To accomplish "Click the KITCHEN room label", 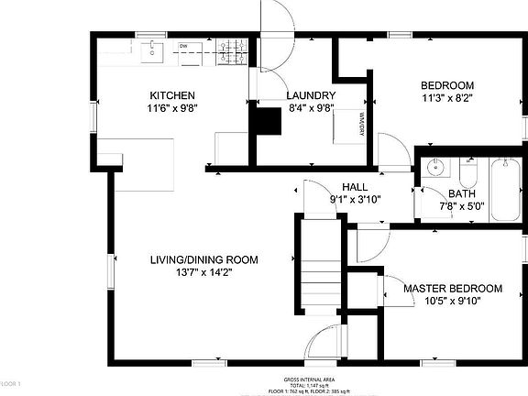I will (x=172, y=95).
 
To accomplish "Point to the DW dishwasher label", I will (x=184, y=46).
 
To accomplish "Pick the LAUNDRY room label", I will (x=311, y=95).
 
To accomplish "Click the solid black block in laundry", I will (x=268, y=121).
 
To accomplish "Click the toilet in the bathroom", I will (x=468, y=173).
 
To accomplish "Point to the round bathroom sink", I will (x=435, y=170).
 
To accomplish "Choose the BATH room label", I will (x=461, y=193).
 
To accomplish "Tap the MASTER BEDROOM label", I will (x=453, y=289).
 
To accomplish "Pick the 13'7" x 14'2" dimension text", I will (x=204, y=271).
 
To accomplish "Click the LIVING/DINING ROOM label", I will (x=204, y=259).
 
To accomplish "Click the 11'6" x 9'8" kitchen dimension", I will (x=172, y=107).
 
